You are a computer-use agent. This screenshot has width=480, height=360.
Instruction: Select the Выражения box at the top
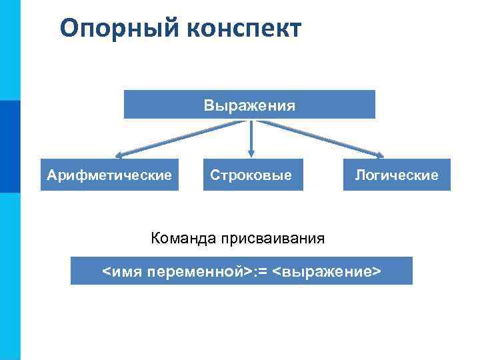pos(250,105)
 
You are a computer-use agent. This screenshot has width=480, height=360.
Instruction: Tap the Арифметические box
pos(109,175)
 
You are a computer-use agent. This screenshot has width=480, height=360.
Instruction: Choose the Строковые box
pos(252,175)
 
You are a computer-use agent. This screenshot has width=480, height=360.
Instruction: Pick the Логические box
pos(396,175)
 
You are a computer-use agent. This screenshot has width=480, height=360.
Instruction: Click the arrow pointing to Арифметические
pos(180,139)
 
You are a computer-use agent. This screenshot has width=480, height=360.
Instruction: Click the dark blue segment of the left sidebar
pos(10,146)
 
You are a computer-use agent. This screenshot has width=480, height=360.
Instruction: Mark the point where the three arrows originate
pos(251,121)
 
